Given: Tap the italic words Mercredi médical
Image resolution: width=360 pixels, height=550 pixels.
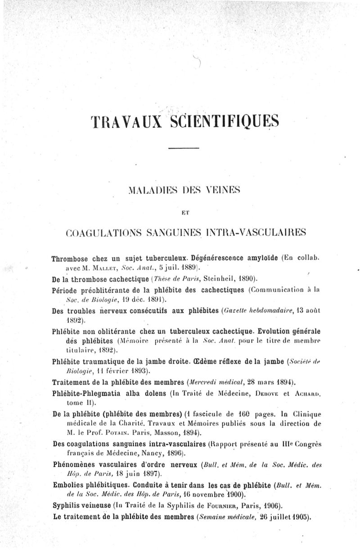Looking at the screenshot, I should tap(218, 382).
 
